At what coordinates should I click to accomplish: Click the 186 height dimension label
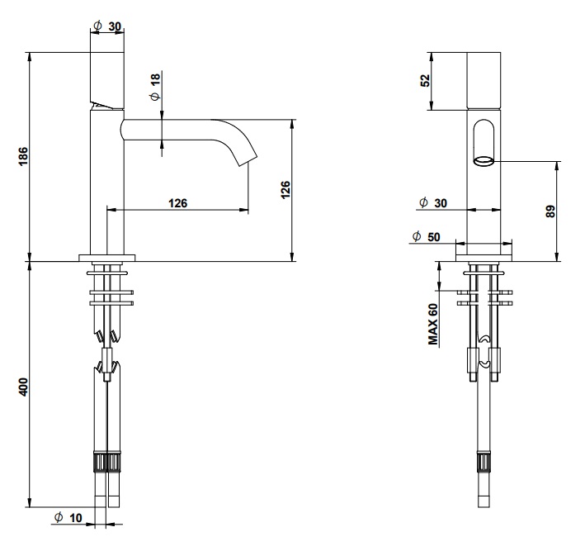[x=23, y=156]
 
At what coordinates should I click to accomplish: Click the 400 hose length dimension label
[x=23, y=387]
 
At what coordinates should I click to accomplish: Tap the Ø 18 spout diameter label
[x=155, y=87]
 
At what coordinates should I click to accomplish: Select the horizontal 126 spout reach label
[x=177, y=203]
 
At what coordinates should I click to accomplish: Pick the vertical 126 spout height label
[x=285, y=190]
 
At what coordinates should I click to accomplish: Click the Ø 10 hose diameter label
[x=68, y=518]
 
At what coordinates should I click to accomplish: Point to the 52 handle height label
[x=425, y=81]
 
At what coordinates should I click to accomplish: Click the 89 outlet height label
[x=550, y=211]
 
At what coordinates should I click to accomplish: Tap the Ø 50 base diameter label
[x=426, y=237]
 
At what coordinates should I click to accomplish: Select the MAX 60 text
[x=433, y=324]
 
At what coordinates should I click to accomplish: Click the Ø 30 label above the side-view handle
[x=107, y=26]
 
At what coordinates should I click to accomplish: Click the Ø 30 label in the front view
[x=433, y=203]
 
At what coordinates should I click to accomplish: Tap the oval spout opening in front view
[x=484, y=161]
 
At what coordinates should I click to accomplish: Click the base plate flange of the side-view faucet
[x=107, y=258]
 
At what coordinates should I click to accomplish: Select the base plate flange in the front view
[x=484, y=258]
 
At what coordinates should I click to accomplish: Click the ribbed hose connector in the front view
[x=484, y=463]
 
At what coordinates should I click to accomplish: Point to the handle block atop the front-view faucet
[x=484, y=81]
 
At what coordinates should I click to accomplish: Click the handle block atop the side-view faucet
[x=107, y=81]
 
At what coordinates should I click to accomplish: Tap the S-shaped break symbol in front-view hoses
[x=484, y=351]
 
